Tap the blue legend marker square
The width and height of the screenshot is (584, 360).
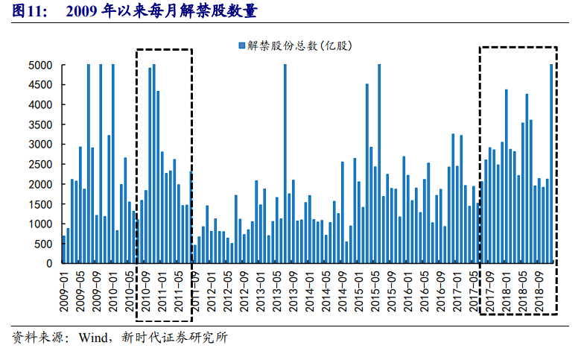coord(241,46)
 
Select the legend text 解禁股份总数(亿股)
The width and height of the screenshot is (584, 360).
coord(299,46)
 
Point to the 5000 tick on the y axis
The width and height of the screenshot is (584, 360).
coord(40,65)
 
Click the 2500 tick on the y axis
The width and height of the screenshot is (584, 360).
coord(40,164)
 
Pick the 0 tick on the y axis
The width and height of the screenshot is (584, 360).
coord(49,263)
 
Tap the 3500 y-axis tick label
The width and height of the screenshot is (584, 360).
coord(40,124)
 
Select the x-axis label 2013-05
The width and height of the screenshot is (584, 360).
coord(276,289)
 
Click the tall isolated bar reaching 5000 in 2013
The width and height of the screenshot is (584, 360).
coord(285,164)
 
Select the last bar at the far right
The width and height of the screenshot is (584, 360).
coord(551,164)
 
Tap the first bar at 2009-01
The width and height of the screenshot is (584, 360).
coord(63,250)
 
